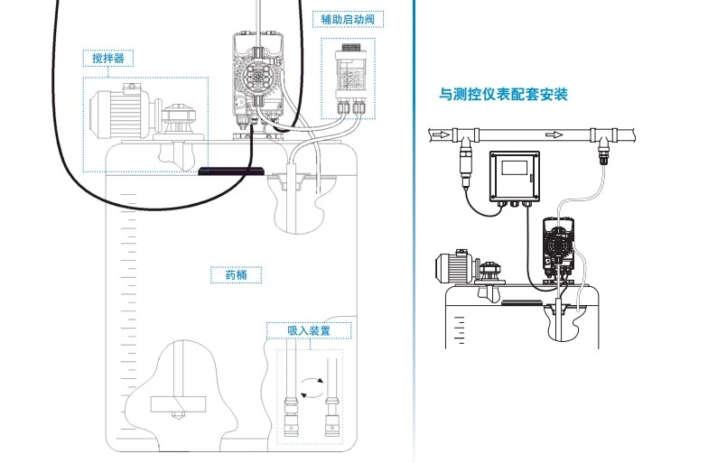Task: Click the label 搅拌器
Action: coord(107,59)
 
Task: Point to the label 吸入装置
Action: coord(309,331)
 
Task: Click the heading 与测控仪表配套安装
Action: coord(503,94)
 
